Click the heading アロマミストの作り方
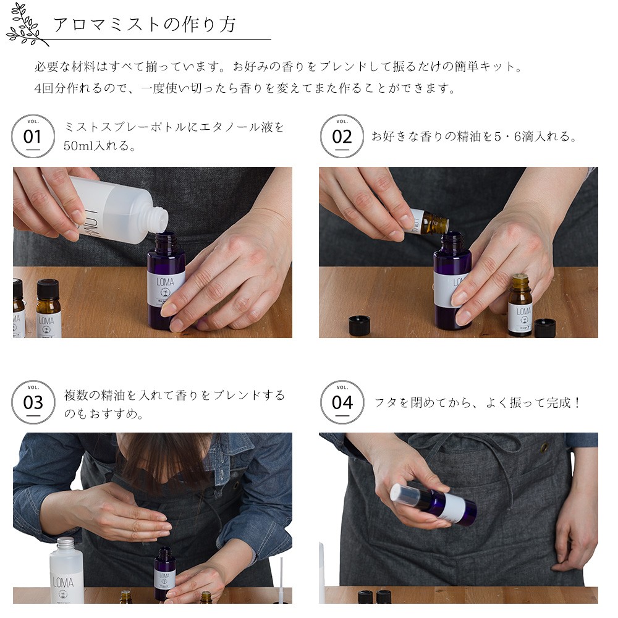144,25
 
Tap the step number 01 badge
33,136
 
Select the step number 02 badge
342,136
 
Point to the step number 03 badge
33,402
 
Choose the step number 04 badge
342,402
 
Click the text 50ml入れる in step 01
99,146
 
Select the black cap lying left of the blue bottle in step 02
359,326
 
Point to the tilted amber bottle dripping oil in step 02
430,221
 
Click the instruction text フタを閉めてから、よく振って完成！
478,403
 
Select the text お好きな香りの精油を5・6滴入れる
474,137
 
